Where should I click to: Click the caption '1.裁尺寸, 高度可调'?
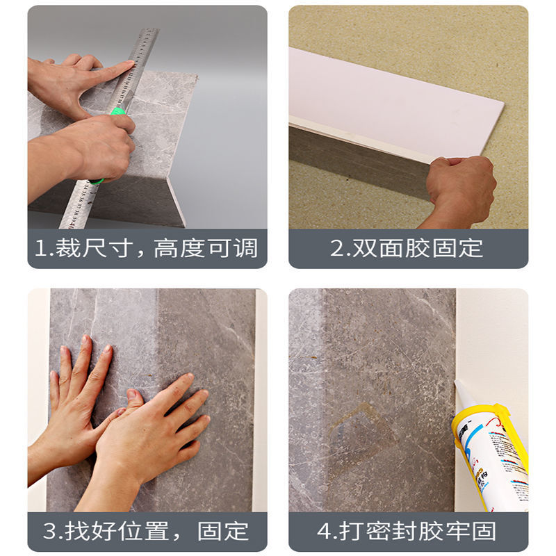point(147,248)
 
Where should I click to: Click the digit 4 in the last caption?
point(325,532)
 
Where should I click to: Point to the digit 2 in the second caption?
point(337,249)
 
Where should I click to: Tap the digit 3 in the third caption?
point(49,532)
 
